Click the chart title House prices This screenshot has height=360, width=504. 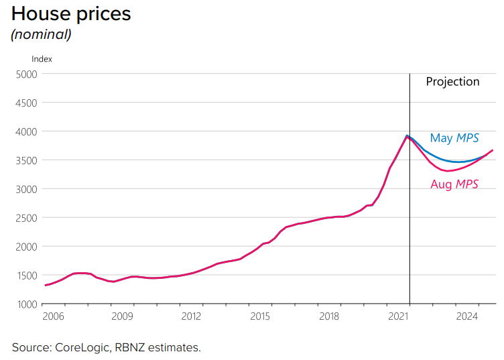[71, 13]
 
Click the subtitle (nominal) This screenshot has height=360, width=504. [41, 34]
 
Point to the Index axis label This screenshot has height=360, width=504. [42, 59]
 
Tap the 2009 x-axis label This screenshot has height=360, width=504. [122, 316]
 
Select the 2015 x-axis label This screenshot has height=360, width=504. [260, 316]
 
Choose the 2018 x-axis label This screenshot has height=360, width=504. [329, 316]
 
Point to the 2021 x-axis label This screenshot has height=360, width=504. [398, 316]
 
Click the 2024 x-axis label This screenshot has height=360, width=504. [467, 316]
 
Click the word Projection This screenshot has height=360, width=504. [452, 82]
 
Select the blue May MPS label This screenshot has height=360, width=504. [454, 138]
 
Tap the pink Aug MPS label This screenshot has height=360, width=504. [454, 184]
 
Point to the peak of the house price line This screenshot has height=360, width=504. [407, 136]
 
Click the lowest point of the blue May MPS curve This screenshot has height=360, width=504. [458, 162]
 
